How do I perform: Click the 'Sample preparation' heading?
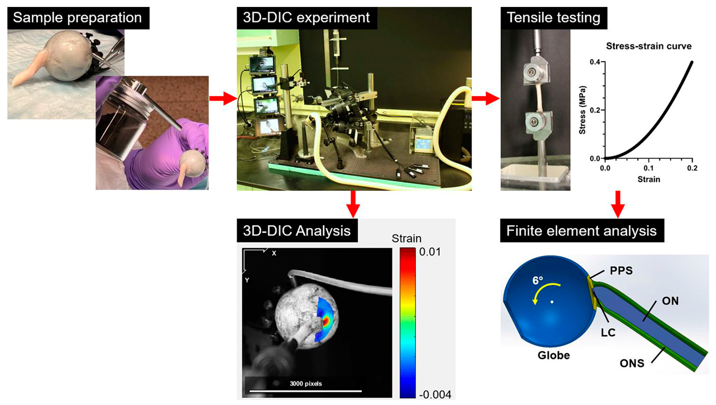click(x=77, y=18)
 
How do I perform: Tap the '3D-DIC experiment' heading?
click(x=306, y=18)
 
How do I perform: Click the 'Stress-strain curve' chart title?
click(x=649, y=46)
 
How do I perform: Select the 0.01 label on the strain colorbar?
click(x=430, y=252)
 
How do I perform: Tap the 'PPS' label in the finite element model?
click(x=621, y=271)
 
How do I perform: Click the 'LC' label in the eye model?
click(x=608, y=333)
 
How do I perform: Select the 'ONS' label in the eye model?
click(x=632, y=363)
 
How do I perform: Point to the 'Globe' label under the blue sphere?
click(x=554, y=355)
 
